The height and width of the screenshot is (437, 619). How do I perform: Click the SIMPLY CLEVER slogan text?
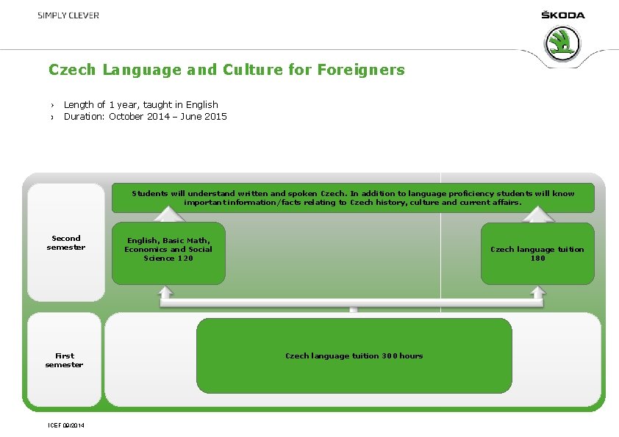coord(68,15)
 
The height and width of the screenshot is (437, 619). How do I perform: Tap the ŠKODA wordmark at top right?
coord(562,15)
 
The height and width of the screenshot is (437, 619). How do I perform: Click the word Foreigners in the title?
coord(361,70)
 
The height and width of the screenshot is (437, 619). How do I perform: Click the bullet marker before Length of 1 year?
coord(53,105)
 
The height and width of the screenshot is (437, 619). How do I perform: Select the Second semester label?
coord(66,242)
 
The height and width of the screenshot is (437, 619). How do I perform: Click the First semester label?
coord(64,360)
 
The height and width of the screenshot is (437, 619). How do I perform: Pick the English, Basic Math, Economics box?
coord(168,253)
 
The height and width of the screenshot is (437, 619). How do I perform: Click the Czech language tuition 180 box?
coord(537,253)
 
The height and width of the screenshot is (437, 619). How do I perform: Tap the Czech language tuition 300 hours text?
coord(354,356)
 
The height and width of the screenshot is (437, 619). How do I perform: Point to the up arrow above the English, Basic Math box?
coord(168,213)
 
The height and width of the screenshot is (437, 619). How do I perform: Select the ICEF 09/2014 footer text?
coord(65,425)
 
